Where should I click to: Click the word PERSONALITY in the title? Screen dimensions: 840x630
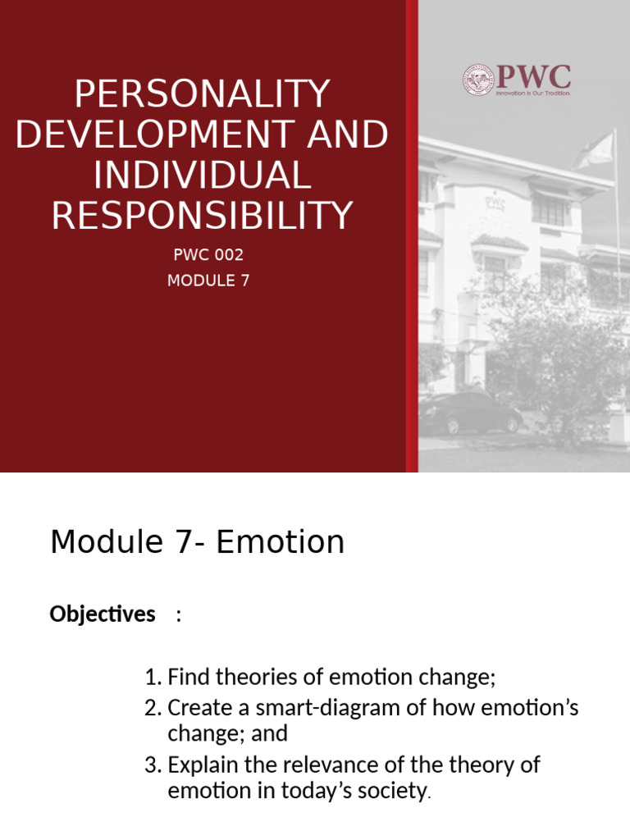coord(202,95)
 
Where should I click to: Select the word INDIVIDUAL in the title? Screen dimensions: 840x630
coord(202,176)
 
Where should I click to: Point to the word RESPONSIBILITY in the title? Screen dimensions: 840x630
coord(202,215)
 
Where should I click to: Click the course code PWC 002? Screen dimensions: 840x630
coord(208,256)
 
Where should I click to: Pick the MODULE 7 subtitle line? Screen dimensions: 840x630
coord(208,281)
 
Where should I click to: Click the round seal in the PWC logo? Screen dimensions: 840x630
coord(479,80)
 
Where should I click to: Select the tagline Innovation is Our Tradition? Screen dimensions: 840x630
coord(532,94)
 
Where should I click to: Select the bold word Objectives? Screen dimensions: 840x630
coord(103,614)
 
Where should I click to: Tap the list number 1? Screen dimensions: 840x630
coord(150,678)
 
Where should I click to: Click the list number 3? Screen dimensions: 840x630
coord(150,765)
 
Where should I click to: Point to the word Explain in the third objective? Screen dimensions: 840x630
coord(199,765)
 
